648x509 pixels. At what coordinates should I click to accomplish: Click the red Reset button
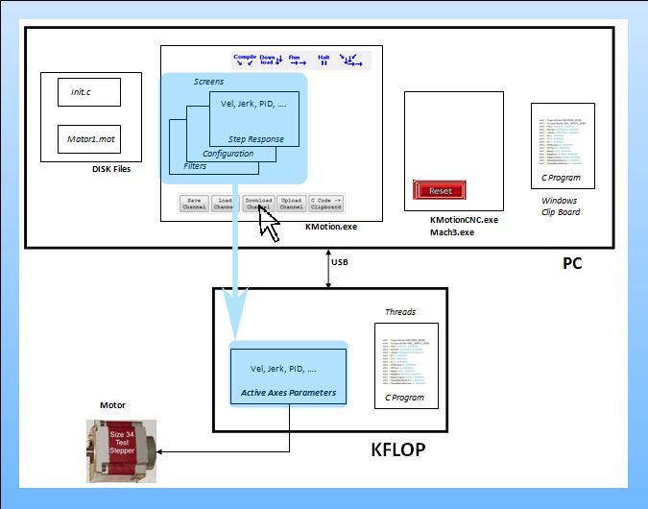[440, 190]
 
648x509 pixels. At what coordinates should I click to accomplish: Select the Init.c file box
[88, 92]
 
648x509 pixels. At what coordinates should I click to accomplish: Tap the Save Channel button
[194, 203]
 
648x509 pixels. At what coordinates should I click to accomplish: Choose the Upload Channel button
[291, 203]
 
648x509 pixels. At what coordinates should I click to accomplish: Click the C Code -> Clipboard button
[326, 203]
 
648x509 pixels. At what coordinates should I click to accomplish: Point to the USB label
[341, 261]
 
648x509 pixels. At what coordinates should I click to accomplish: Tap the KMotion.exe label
[330, 228]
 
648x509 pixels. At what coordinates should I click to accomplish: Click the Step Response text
[255, 139]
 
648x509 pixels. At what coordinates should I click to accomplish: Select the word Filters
[194, 166]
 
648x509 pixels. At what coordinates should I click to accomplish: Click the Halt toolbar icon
[324, 60]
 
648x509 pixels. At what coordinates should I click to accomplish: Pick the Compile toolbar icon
[245, 60]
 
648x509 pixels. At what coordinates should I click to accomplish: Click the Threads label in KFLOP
[399, 312]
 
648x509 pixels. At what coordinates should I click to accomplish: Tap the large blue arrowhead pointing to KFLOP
[234, 317]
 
